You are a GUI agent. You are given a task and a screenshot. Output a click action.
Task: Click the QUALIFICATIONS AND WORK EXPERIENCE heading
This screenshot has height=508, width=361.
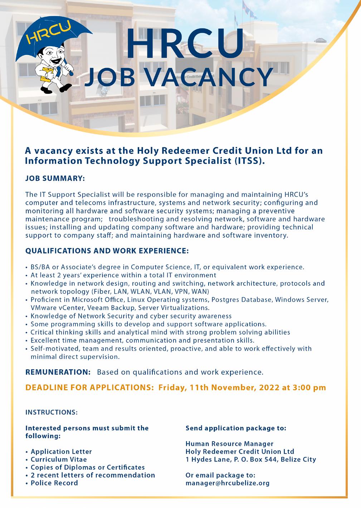[x=107, y=251]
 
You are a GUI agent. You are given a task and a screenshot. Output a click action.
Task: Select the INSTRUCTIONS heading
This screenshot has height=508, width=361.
[x=52, y=412]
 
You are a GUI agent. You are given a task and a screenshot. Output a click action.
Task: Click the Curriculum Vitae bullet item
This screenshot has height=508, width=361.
[x=59, y=459]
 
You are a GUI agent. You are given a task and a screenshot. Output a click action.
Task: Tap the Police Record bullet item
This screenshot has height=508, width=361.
[x=54, y=483]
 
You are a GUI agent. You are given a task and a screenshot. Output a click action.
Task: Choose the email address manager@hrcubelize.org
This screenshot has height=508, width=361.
[x=228, y=483]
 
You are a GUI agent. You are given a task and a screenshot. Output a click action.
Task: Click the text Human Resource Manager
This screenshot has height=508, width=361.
[x=229, y=444]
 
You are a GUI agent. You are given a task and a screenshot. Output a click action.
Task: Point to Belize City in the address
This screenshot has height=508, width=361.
[x=298, y=459]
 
